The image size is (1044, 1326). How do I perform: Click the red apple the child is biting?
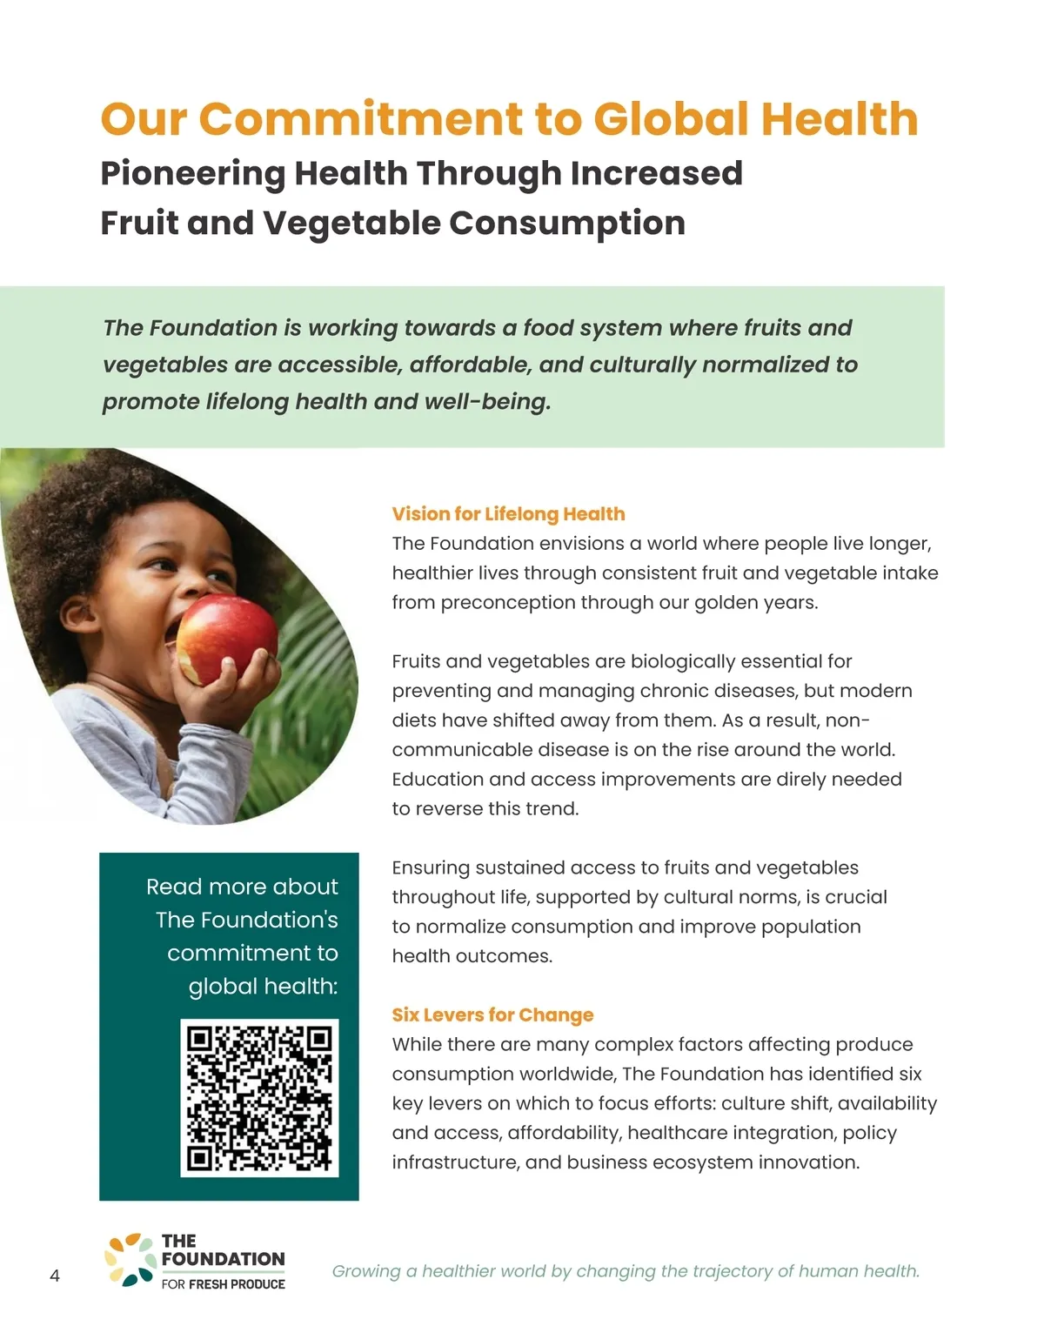[224, 640]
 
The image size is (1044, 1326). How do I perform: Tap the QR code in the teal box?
[259, 1098]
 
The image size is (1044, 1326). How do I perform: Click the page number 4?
[55, 1276]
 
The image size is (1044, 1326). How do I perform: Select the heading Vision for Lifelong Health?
[508, 514]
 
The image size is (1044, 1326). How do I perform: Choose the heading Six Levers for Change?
[492, 1015]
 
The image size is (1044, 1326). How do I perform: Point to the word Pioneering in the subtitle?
[192, 174]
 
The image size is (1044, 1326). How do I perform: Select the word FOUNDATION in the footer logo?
[223, 1259]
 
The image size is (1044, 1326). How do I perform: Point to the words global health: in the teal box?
[263, 987]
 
